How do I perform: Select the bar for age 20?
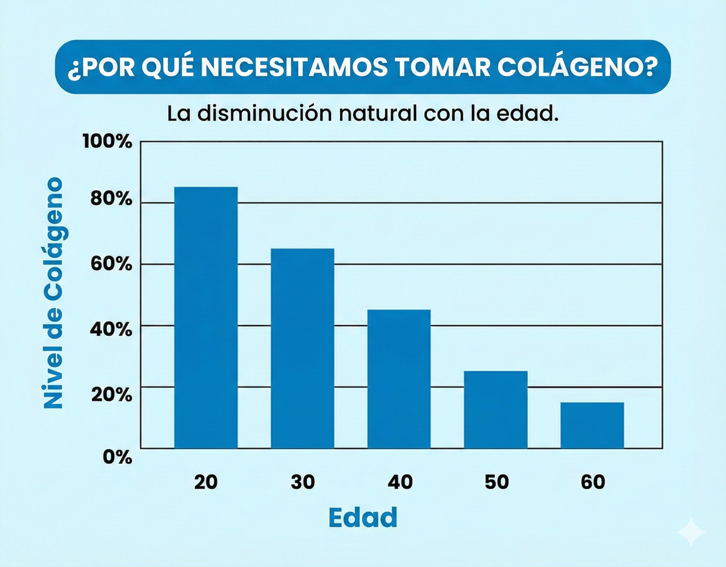pos(206,318)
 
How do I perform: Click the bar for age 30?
pos(302,348)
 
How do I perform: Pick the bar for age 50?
pos(495,409)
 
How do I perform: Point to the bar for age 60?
pos(592,425)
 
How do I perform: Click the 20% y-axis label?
pos(111,394)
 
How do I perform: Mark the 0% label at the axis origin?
pos(117,457)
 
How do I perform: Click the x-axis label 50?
pos(496,482)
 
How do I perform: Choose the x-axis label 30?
pos(302,482)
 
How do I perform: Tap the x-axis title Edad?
pos(363,518)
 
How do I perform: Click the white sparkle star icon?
pos(691,532)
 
